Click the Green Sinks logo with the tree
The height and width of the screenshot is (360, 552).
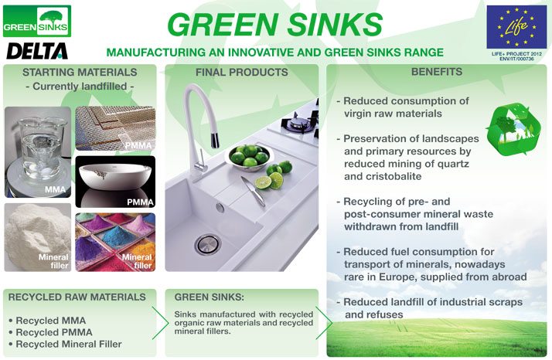point(36,21)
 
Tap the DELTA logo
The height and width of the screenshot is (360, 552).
point(36,51)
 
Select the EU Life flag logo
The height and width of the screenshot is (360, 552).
point(516,26)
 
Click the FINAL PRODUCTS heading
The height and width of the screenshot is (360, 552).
point(241,73)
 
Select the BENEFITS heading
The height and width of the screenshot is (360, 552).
point(437,73)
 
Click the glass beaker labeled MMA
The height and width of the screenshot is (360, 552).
point(37,150)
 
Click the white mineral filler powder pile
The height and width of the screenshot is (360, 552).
point(37,236)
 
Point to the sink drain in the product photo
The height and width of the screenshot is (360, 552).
point(207,244)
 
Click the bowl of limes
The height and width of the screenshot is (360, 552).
point(249,155)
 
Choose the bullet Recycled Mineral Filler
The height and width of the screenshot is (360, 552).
point(69,344)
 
